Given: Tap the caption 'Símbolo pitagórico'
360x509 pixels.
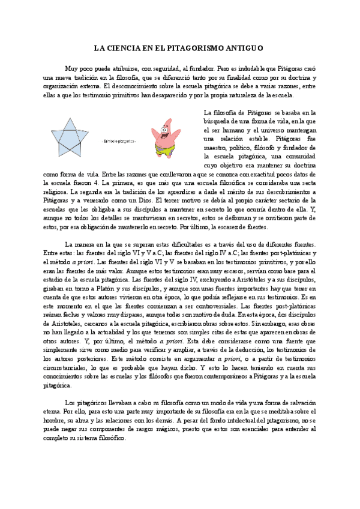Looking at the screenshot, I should (x=120, y=141).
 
